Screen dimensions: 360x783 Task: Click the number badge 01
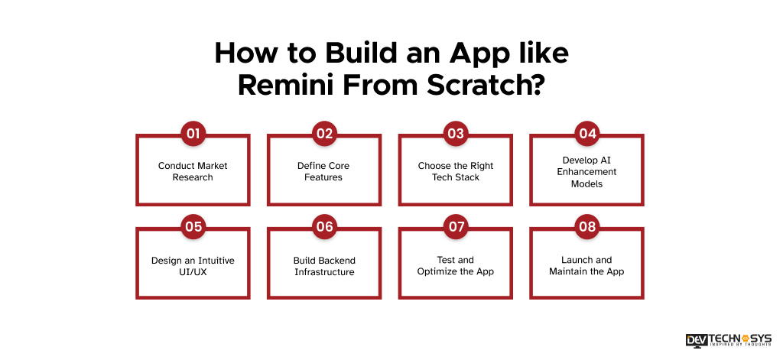click(x=193, y=135)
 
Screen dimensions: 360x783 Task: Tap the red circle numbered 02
click(x=324, y=135)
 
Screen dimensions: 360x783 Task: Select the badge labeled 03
click(x=456, y=135)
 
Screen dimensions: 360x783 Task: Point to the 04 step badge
click(x=587, y=135)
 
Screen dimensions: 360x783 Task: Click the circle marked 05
click(x=193, y=227)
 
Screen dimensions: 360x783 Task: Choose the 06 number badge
click(x=324, y=227)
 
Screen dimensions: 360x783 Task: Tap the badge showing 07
click(x=456, y=227)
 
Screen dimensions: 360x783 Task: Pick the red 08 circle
click(x=587, y=227)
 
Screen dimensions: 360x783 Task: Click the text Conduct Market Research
click(x=193, y=171)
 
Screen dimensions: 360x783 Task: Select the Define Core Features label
click(x=324, y=171)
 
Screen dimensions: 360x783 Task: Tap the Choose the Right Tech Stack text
click(x=456, y=171)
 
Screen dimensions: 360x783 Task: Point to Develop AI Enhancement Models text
click(x=587, y=172)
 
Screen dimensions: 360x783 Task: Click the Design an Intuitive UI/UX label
click(x=193, y=266)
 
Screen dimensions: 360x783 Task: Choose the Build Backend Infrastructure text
click(x=324, y=266)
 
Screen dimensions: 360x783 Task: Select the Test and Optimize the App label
click(x=456, y=266)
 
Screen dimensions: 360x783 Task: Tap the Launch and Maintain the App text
click(x=587, y=266)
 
